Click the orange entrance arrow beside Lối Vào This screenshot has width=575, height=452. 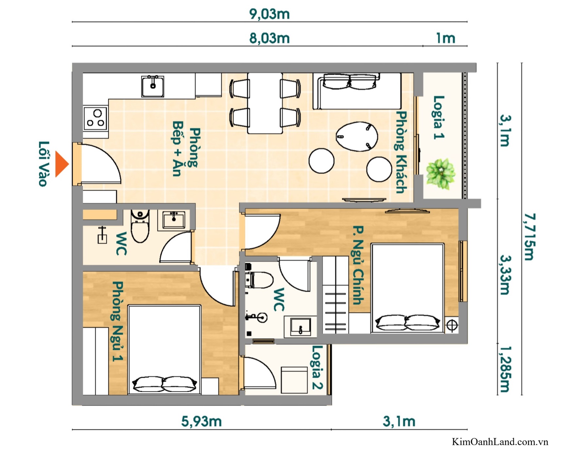(x=61, y=164)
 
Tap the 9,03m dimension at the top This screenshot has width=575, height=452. (x=269, y=14)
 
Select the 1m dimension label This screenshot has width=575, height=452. (x=445, y=39)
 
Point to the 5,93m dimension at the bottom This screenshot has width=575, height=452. (x=201, y=421)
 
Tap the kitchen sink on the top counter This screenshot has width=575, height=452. (x=153, y=86)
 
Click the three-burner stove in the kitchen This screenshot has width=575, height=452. (x=95, y=118)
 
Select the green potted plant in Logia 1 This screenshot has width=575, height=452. (x=440, y=173)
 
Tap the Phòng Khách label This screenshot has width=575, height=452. (x=401, y=152)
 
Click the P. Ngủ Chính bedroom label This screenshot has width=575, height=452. (x=358, y=265)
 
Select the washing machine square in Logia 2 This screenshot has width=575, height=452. (x=294, y=380)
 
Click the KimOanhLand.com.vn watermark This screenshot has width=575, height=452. (x=500, y=442)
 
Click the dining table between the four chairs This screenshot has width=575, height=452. (x=265, y=103)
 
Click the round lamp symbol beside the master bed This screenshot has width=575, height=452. (x=452, y=325)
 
